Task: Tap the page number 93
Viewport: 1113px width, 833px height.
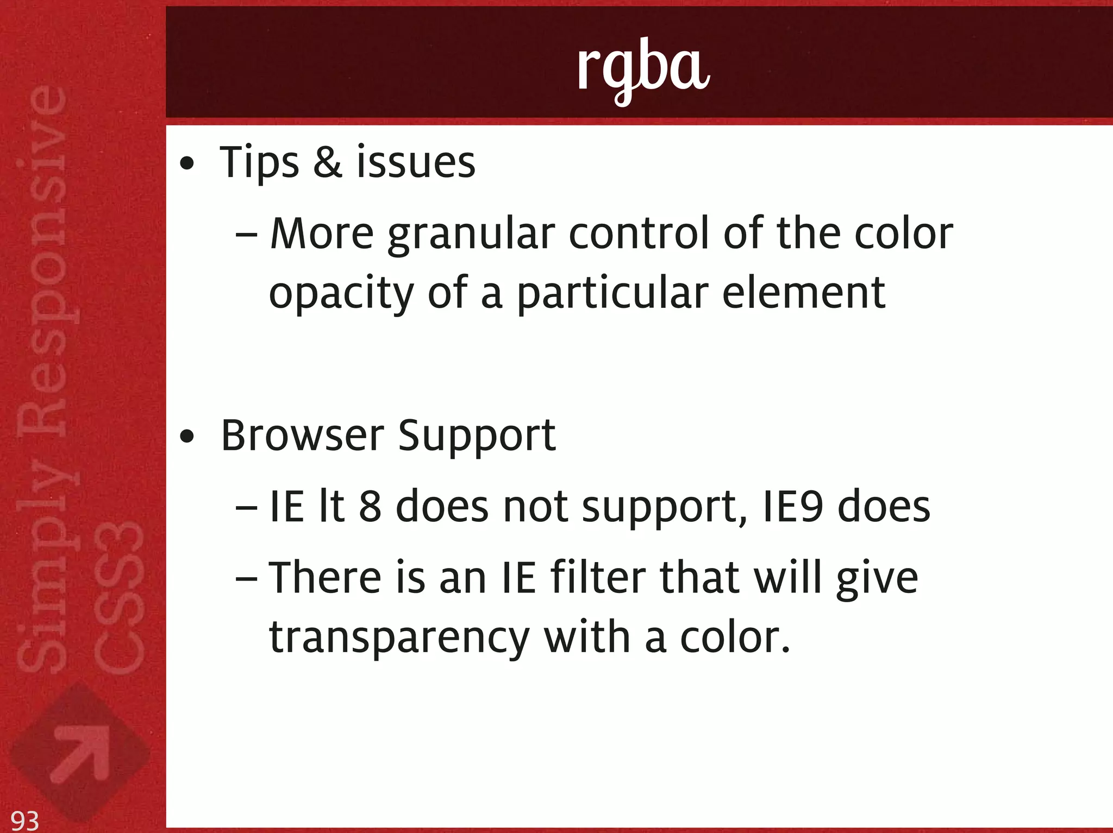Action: point(25,820)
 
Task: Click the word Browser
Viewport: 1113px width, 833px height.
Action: point(303,436)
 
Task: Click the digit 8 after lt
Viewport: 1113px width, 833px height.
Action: point(370,506)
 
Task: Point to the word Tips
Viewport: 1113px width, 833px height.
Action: point(259,163)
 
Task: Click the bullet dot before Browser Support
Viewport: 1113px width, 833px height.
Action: point(187,437)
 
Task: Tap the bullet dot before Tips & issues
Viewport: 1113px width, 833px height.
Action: point(187,163)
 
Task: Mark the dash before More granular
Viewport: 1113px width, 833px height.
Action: point(247,235)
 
